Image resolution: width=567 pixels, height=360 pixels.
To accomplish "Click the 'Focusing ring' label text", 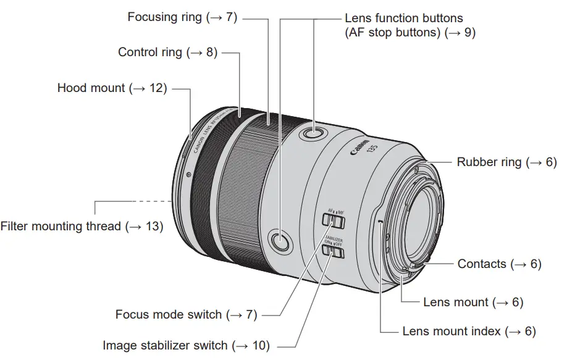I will pos(164,17).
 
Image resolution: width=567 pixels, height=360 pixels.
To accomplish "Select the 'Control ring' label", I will pos(150,52).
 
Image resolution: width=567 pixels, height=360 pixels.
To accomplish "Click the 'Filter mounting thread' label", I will pos(61,227).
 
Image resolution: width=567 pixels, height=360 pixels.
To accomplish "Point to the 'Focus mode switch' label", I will pos(168,314).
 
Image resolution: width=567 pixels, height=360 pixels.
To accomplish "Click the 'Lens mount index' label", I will pos(451,332).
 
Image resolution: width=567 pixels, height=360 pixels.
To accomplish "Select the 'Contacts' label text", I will pos(482,264).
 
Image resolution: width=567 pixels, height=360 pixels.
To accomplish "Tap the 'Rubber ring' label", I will pos(489,162).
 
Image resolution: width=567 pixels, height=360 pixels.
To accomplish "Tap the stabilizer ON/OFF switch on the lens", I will pos(334,251).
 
